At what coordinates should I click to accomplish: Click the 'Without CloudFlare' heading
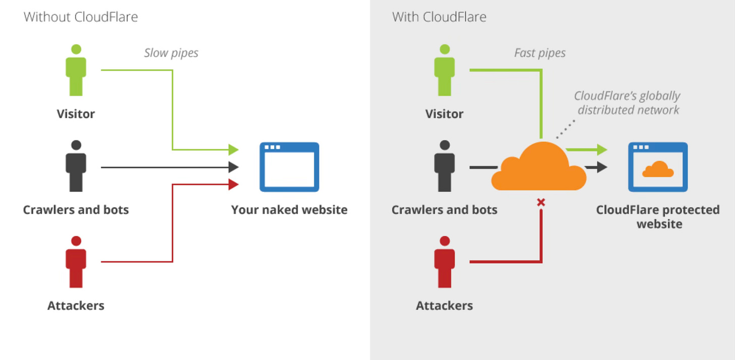[x=81, y=17]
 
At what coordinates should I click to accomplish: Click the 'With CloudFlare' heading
[x=439, y=17]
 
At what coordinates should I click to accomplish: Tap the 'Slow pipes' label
[x=171, y=53]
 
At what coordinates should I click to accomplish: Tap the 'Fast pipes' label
[x=540, y=53]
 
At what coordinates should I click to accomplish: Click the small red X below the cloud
[x=541, y=202]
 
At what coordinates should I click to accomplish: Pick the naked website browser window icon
[x=289, y=167]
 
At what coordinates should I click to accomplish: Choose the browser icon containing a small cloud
[x=658, y=167]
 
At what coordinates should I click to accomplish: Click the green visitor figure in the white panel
[x=76, y=70]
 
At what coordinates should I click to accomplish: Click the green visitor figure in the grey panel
[x=444, y=70]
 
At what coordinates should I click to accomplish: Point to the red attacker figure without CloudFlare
[x=76, y=262]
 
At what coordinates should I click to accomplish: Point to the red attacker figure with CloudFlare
[x=444, y=262]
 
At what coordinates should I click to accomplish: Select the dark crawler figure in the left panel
[x=76, y=166]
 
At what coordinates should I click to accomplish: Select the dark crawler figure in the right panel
[x=444, y=166]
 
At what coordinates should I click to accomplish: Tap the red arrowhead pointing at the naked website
[x=233, y=184]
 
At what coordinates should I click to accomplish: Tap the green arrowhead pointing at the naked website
[x=233, y=149]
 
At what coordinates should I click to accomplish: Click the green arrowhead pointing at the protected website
[x=602, y=149]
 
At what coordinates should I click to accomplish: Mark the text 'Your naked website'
[x=289, y=210]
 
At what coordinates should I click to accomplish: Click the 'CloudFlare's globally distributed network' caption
[x=628, y=103]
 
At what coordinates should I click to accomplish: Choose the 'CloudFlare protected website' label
[x=658, y=217]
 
